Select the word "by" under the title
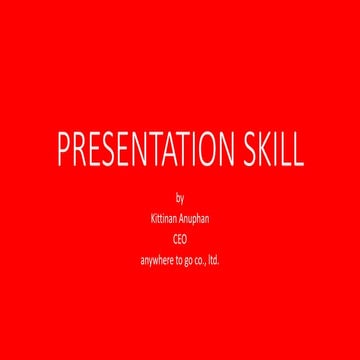[180, 197]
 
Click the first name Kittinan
[163, 216]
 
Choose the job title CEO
[180, 239]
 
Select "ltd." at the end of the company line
[214, 261]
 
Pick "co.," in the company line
[201, 261]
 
